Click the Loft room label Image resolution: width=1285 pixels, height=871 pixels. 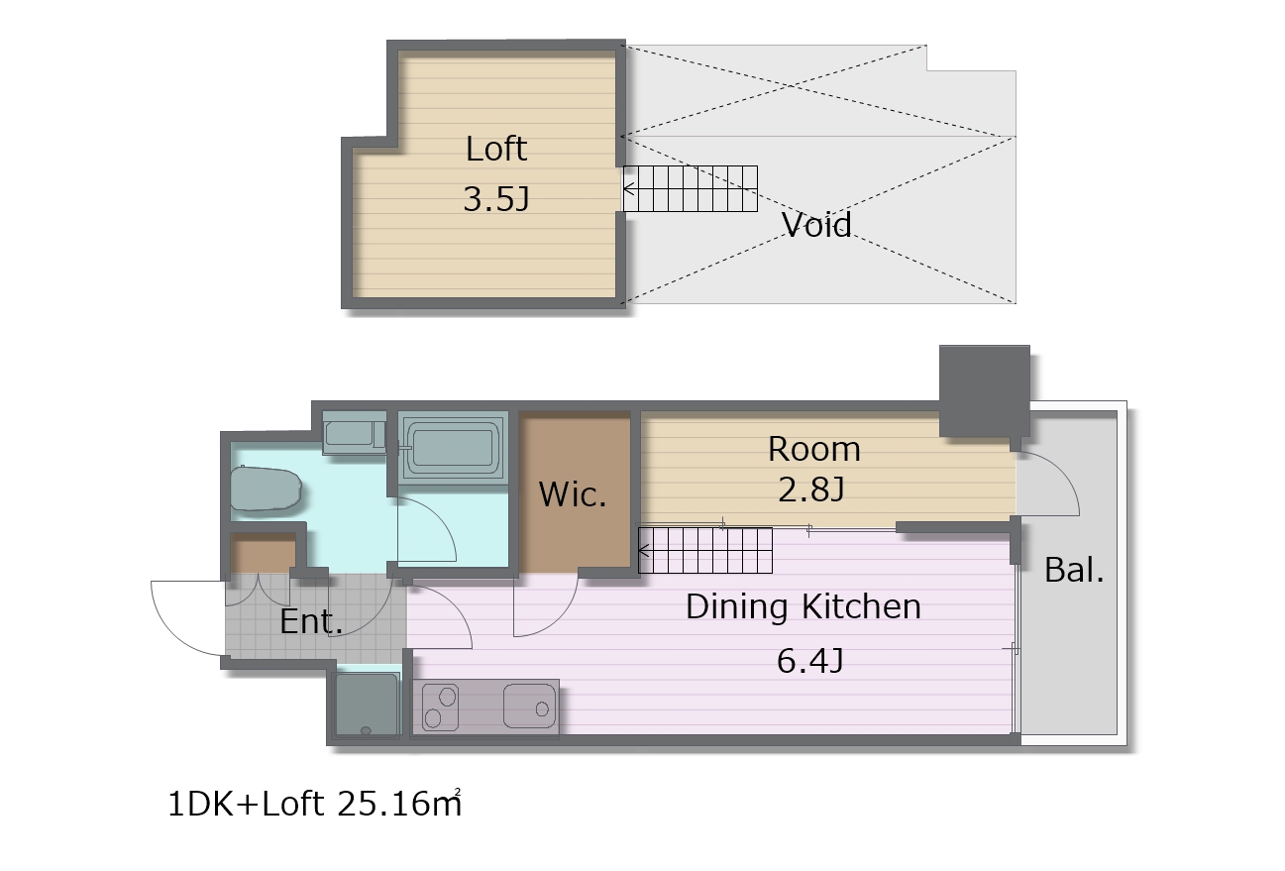click(495, 149)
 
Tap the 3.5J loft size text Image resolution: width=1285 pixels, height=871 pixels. click(496, 199)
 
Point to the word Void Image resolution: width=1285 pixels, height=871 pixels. click(816, 224)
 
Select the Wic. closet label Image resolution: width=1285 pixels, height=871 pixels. click(573, 494)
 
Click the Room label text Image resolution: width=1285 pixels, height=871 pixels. click(814, 449)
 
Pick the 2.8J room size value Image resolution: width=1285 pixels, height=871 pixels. click(811, 490)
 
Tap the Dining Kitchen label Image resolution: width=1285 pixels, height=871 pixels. click(803, 606)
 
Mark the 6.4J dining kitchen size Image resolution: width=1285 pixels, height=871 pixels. click(810, 660)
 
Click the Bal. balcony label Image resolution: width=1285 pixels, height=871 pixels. click(1074, 570)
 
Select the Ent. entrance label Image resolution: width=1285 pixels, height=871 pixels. click(311, 621)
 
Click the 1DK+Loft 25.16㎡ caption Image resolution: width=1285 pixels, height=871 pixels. click(314, 804)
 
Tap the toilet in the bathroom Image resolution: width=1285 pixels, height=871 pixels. click(266, 489)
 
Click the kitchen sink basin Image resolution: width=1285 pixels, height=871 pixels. click(529, 707)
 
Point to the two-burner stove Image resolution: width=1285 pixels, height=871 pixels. click(440, 708)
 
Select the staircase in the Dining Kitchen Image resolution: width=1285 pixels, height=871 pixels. click(705, 550)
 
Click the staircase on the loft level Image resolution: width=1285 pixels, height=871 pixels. click(691, 189)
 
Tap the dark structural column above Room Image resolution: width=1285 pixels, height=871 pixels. click(985, 391)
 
